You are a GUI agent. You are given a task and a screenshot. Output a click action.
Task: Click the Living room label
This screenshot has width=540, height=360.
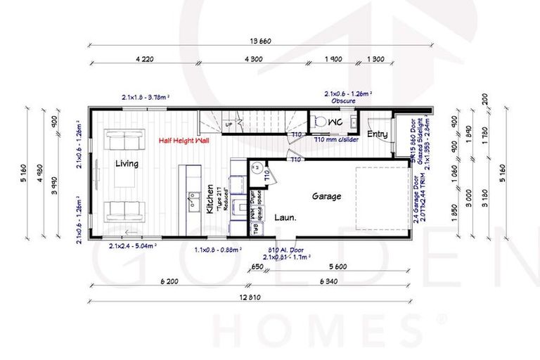coord(126,164)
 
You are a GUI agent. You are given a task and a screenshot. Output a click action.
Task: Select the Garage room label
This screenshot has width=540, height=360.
coord(326,197)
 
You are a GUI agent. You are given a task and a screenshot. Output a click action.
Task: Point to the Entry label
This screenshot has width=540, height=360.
coord(377,134)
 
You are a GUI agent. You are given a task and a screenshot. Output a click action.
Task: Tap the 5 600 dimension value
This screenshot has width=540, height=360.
coord(340,267)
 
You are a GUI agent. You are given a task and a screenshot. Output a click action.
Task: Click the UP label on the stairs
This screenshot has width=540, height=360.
coord(229,125)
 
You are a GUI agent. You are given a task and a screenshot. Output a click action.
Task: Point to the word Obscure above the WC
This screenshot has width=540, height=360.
coord(344,101)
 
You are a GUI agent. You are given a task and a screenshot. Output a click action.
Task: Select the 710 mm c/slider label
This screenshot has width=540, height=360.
coord(334,140)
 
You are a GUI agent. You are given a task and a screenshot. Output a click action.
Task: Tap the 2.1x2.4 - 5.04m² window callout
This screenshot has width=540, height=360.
coord(132,247)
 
